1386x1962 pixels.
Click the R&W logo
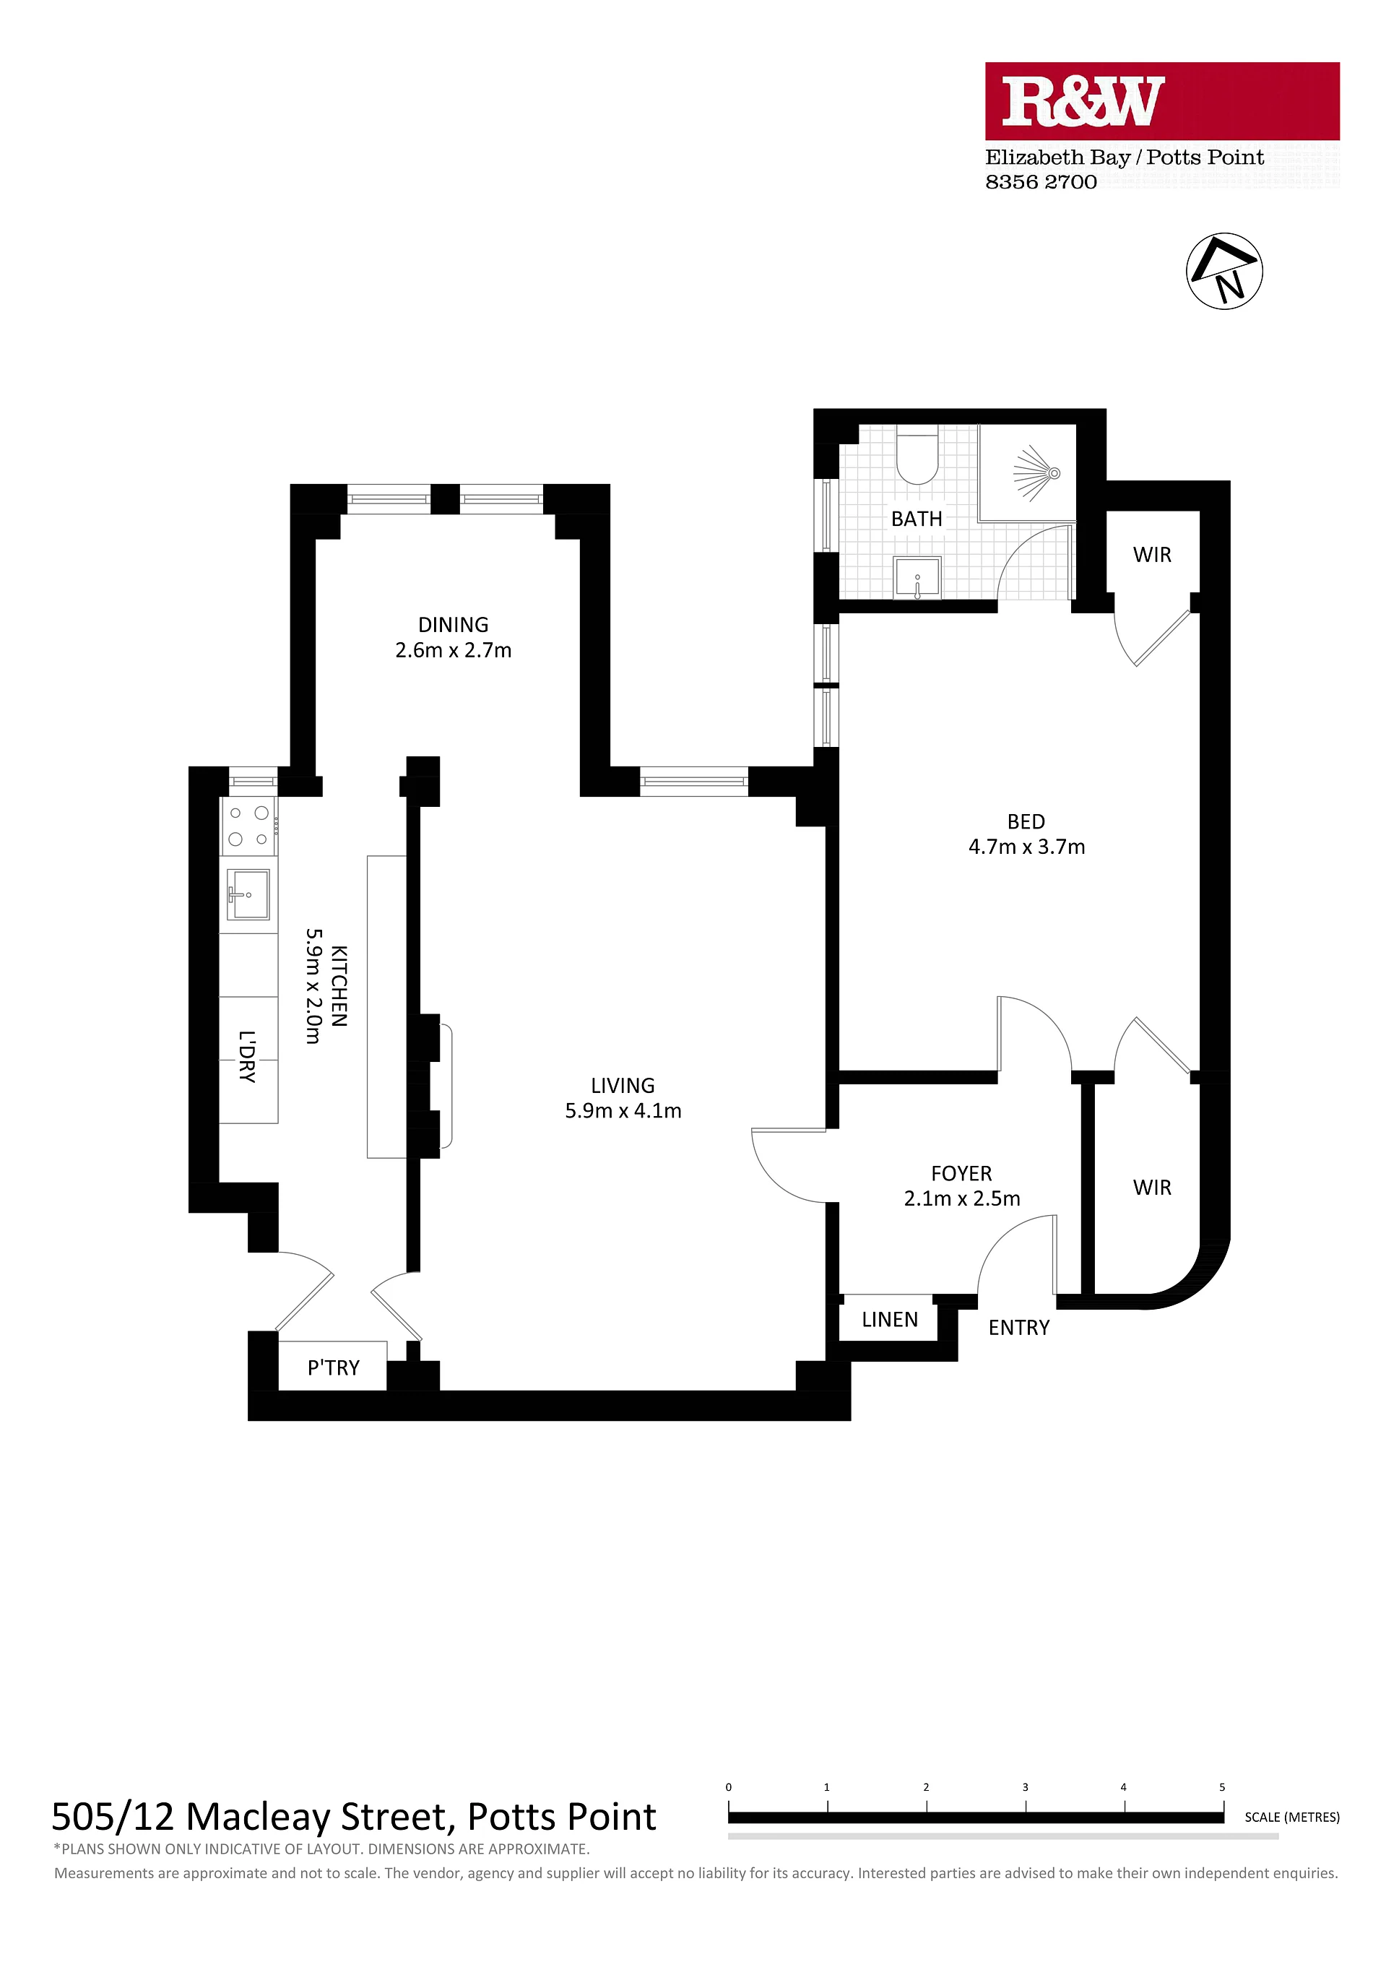point(1162,101)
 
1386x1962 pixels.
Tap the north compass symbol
point(1224,271)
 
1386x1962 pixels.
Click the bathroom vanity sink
point(917,578)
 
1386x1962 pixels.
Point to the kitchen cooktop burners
point(248,826)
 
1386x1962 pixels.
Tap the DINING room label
point(453,625)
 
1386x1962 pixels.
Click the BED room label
point(1026,821)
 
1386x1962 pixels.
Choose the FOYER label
point(961,1173)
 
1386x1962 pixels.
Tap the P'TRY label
point(333,1368)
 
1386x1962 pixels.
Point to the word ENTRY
point(1018,1327)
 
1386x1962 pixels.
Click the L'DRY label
point(247,1056)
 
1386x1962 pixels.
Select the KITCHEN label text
point(339,985)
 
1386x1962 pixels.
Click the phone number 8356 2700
point(1041,182)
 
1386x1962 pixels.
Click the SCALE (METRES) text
point(1292,1817)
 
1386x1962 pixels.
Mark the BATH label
point(916,519)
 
